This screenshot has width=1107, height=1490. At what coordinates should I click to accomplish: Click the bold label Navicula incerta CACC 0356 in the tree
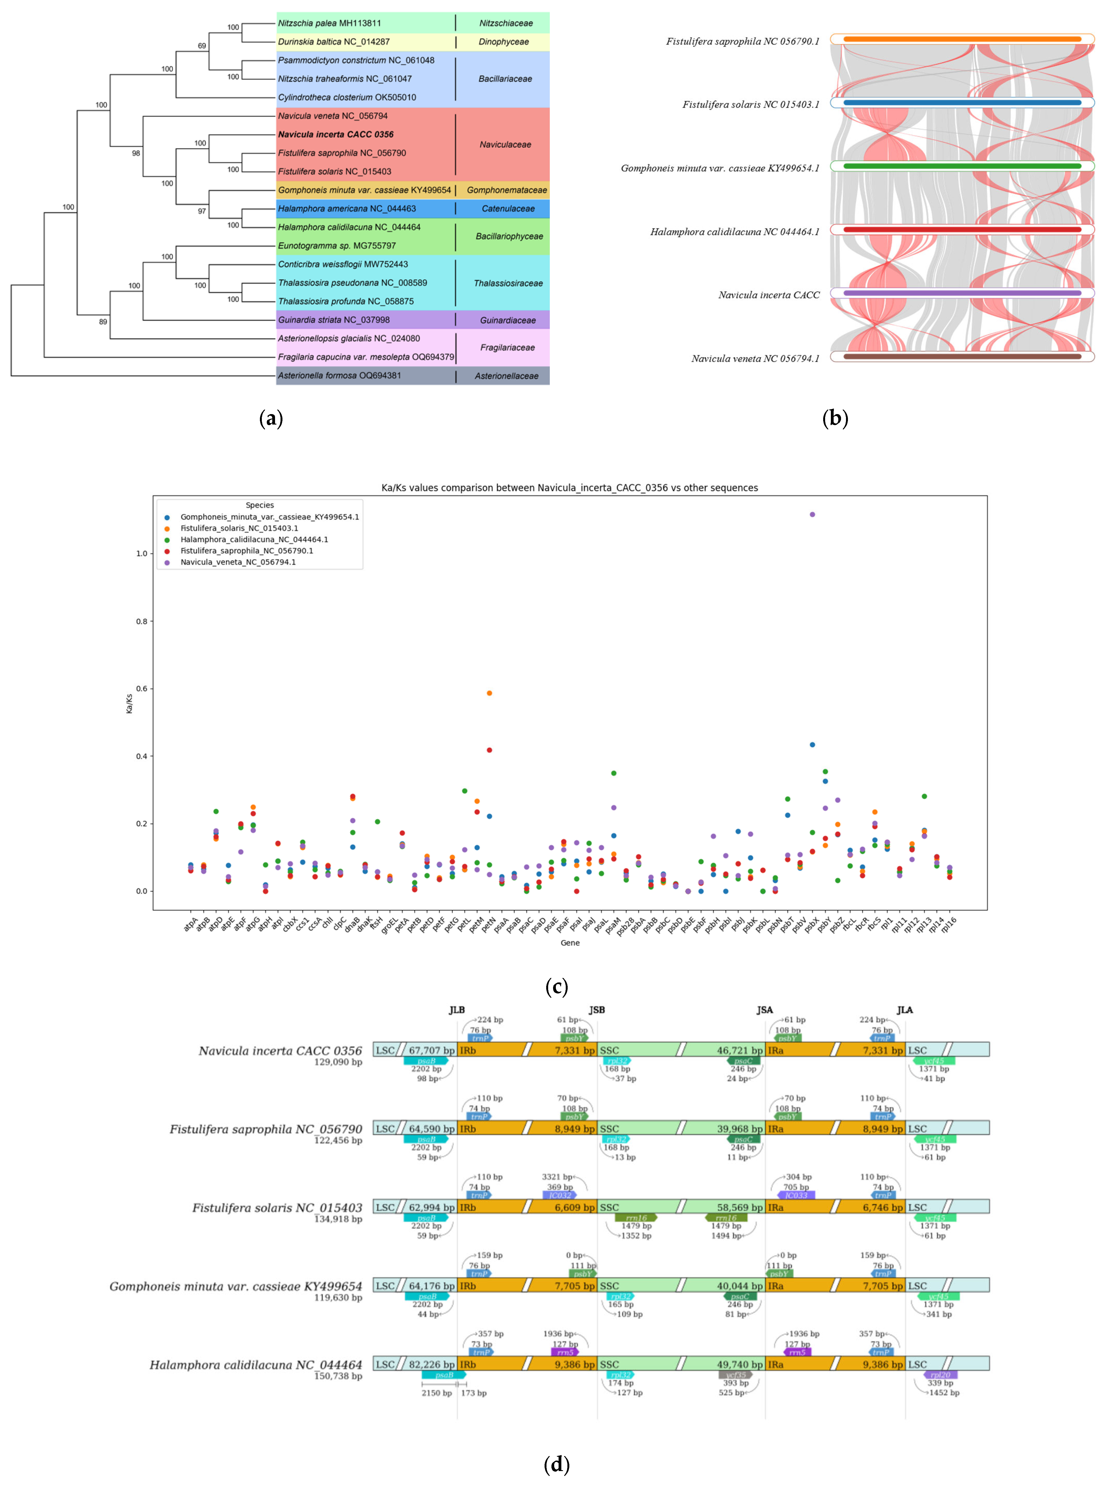pos(336,134)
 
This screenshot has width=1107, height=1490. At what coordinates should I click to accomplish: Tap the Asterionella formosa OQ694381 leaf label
pos(339,375)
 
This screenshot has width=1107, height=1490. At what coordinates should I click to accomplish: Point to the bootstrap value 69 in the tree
pos(202,46)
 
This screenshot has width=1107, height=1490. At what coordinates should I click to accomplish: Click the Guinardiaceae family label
pos(507,320)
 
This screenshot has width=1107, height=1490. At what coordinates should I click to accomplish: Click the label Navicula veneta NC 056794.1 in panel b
pos(755,359)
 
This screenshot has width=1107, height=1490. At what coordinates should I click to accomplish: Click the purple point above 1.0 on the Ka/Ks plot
pos(812,514)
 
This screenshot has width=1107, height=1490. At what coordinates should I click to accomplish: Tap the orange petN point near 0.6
pos(489,693)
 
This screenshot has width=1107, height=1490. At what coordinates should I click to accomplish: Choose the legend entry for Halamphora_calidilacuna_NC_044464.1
pos(254,539)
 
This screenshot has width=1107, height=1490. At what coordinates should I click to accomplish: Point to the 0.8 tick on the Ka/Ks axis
pos(141,621)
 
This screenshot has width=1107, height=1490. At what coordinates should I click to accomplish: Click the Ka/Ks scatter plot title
pos(570,488)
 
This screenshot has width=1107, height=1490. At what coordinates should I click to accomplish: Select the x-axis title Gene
pos(570,943)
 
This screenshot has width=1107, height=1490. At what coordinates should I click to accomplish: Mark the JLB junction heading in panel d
pos(456,1010)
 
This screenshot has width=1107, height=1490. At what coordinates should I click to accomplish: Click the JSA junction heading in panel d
pos(765,1010)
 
